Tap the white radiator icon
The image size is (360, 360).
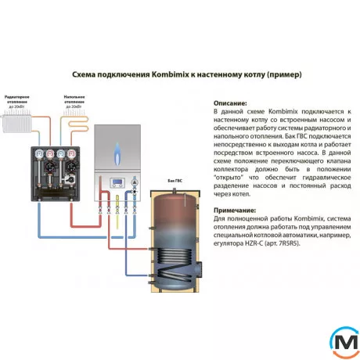18,122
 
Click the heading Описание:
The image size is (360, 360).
230,103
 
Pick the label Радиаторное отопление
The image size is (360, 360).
17,97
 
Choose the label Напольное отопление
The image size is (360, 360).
74,99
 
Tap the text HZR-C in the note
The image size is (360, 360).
254,243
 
